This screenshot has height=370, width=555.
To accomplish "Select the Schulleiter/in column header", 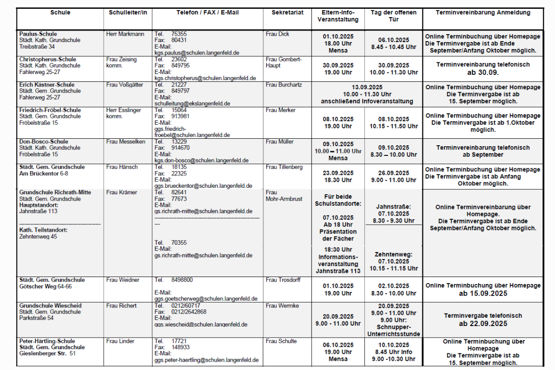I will (x=128, y=12).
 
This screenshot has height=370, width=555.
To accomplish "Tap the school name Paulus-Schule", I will (x=38, y=34).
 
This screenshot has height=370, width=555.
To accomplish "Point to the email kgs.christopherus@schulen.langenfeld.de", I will (x=205, y=78).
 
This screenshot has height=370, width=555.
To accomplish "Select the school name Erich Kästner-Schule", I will (x=47, y=85).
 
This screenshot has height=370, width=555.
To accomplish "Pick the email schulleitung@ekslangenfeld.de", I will (x=192, y=104).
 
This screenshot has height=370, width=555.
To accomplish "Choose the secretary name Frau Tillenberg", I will (x=284, y=167).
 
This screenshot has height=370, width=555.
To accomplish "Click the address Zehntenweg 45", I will (x=38, y=236).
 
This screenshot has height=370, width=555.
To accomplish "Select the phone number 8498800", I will (x=182, y=280).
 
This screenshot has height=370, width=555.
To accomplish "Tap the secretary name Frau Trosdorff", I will (x=283, y=280).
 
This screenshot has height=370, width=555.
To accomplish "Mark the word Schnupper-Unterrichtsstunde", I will (x=394, y=330).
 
